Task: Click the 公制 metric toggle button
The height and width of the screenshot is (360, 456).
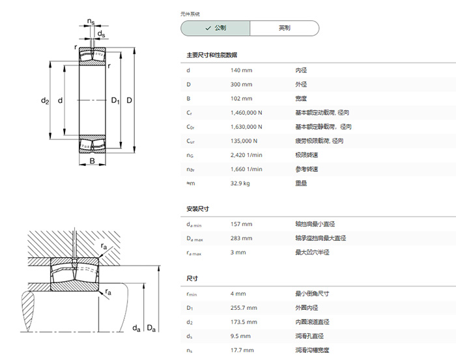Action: (215, 28)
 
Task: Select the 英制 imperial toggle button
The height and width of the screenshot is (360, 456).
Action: (285, 28)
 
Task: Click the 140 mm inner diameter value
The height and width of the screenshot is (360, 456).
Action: (242, 70)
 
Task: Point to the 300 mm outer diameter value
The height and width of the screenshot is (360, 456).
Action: (242, 85)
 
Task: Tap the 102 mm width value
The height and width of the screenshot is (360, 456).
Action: (242, 98)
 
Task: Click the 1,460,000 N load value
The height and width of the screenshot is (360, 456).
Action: (246, 113)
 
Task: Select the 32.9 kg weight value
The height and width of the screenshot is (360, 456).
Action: (240, 184)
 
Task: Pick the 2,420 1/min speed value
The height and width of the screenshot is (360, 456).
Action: (246, 155)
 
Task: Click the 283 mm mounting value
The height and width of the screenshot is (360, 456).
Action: (242, 238)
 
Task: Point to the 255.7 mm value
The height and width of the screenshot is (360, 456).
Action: (244, 308)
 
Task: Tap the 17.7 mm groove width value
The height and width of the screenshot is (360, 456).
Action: (242, 350)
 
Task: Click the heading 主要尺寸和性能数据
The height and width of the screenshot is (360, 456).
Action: (212, 55)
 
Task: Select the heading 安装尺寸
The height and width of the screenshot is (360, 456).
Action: (198, 209)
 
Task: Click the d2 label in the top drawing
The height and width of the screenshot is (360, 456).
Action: (45, 100)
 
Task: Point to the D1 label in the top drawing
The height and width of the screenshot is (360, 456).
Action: (115, 100)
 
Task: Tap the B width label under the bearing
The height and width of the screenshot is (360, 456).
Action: (93, 161)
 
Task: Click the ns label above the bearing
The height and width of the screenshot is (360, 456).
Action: (91, 21)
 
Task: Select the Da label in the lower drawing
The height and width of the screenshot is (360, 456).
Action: (151, 328)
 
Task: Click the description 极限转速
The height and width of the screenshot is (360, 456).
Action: (307, 155)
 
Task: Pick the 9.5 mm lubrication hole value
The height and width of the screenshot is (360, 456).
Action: (240, 336)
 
